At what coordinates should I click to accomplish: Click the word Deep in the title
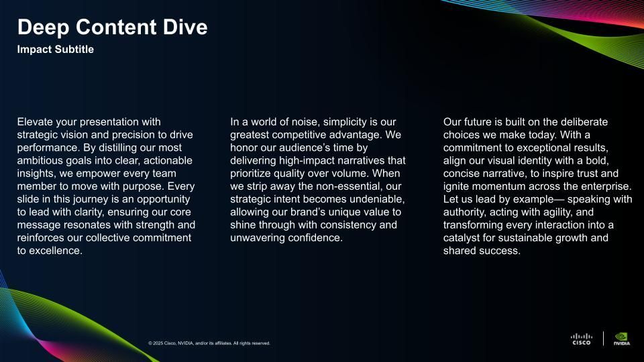click(43, 28)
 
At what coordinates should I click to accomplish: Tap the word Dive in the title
click(185, 27)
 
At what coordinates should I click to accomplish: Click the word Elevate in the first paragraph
click(35, 122)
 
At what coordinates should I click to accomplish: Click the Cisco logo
click(582, 339)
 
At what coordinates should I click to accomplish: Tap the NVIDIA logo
click(622, 339)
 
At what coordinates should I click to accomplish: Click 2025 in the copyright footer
click(158, 343)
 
